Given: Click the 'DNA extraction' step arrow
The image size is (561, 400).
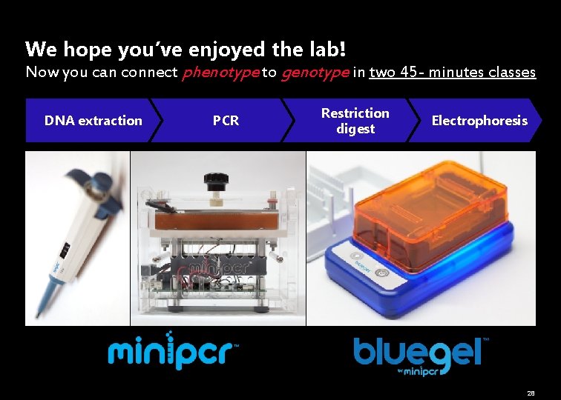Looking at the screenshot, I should tap(93, 121).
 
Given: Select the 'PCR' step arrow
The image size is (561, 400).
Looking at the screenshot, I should tap(226, 121).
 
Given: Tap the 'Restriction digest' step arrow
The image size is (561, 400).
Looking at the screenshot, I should tap(355, 121).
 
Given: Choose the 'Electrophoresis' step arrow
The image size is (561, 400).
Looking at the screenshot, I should tap(479, 121).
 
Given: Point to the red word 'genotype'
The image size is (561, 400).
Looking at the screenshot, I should tap(315, 73).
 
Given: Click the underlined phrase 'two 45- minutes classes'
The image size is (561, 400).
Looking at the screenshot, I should tap(452, 73).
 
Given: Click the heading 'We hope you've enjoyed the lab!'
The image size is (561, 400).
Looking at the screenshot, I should tap(186, 50).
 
